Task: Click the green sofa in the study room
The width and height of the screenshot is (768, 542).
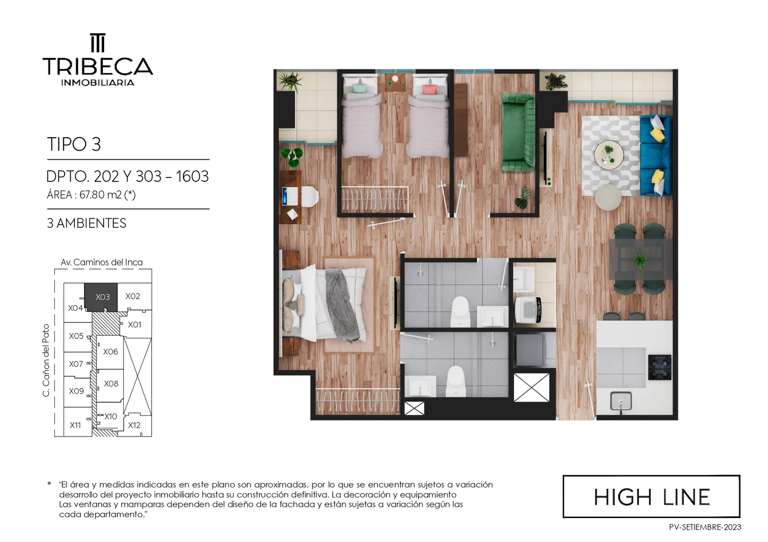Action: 518,132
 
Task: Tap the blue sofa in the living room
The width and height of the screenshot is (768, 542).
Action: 656,155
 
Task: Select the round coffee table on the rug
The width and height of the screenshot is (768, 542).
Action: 609,155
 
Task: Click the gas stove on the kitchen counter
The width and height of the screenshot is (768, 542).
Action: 660,367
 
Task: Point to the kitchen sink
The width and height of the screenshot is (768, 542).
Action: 621,401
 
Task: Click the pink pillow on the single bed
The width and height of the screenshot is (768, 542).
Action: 430,89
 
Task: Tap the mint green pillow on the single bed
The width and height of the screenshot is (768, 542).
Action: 360,89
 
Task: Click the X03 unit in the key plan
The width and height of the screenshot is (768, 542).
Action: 101,297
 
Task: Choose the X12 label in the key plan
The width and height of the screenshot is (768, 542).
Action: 134,425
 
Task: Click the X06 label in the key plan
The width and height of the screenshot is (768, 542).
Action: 110,352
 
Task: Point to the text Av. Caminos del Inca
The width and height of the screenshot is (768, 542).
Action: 101,262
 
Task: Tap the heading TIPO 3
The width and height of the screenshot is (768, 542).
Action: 74,144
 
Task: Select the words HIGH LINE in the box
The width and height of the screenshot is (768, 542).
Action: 652,497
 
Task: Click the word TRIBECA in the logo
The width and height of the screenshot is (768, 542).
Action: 98,66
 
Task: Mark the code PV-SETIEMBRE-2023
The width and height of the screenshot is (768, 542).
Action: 705,527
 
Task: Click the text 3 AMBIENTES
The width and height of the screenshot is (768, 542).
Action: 86,224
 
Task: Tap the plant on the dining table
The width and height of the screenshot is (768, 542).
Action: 639,260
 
